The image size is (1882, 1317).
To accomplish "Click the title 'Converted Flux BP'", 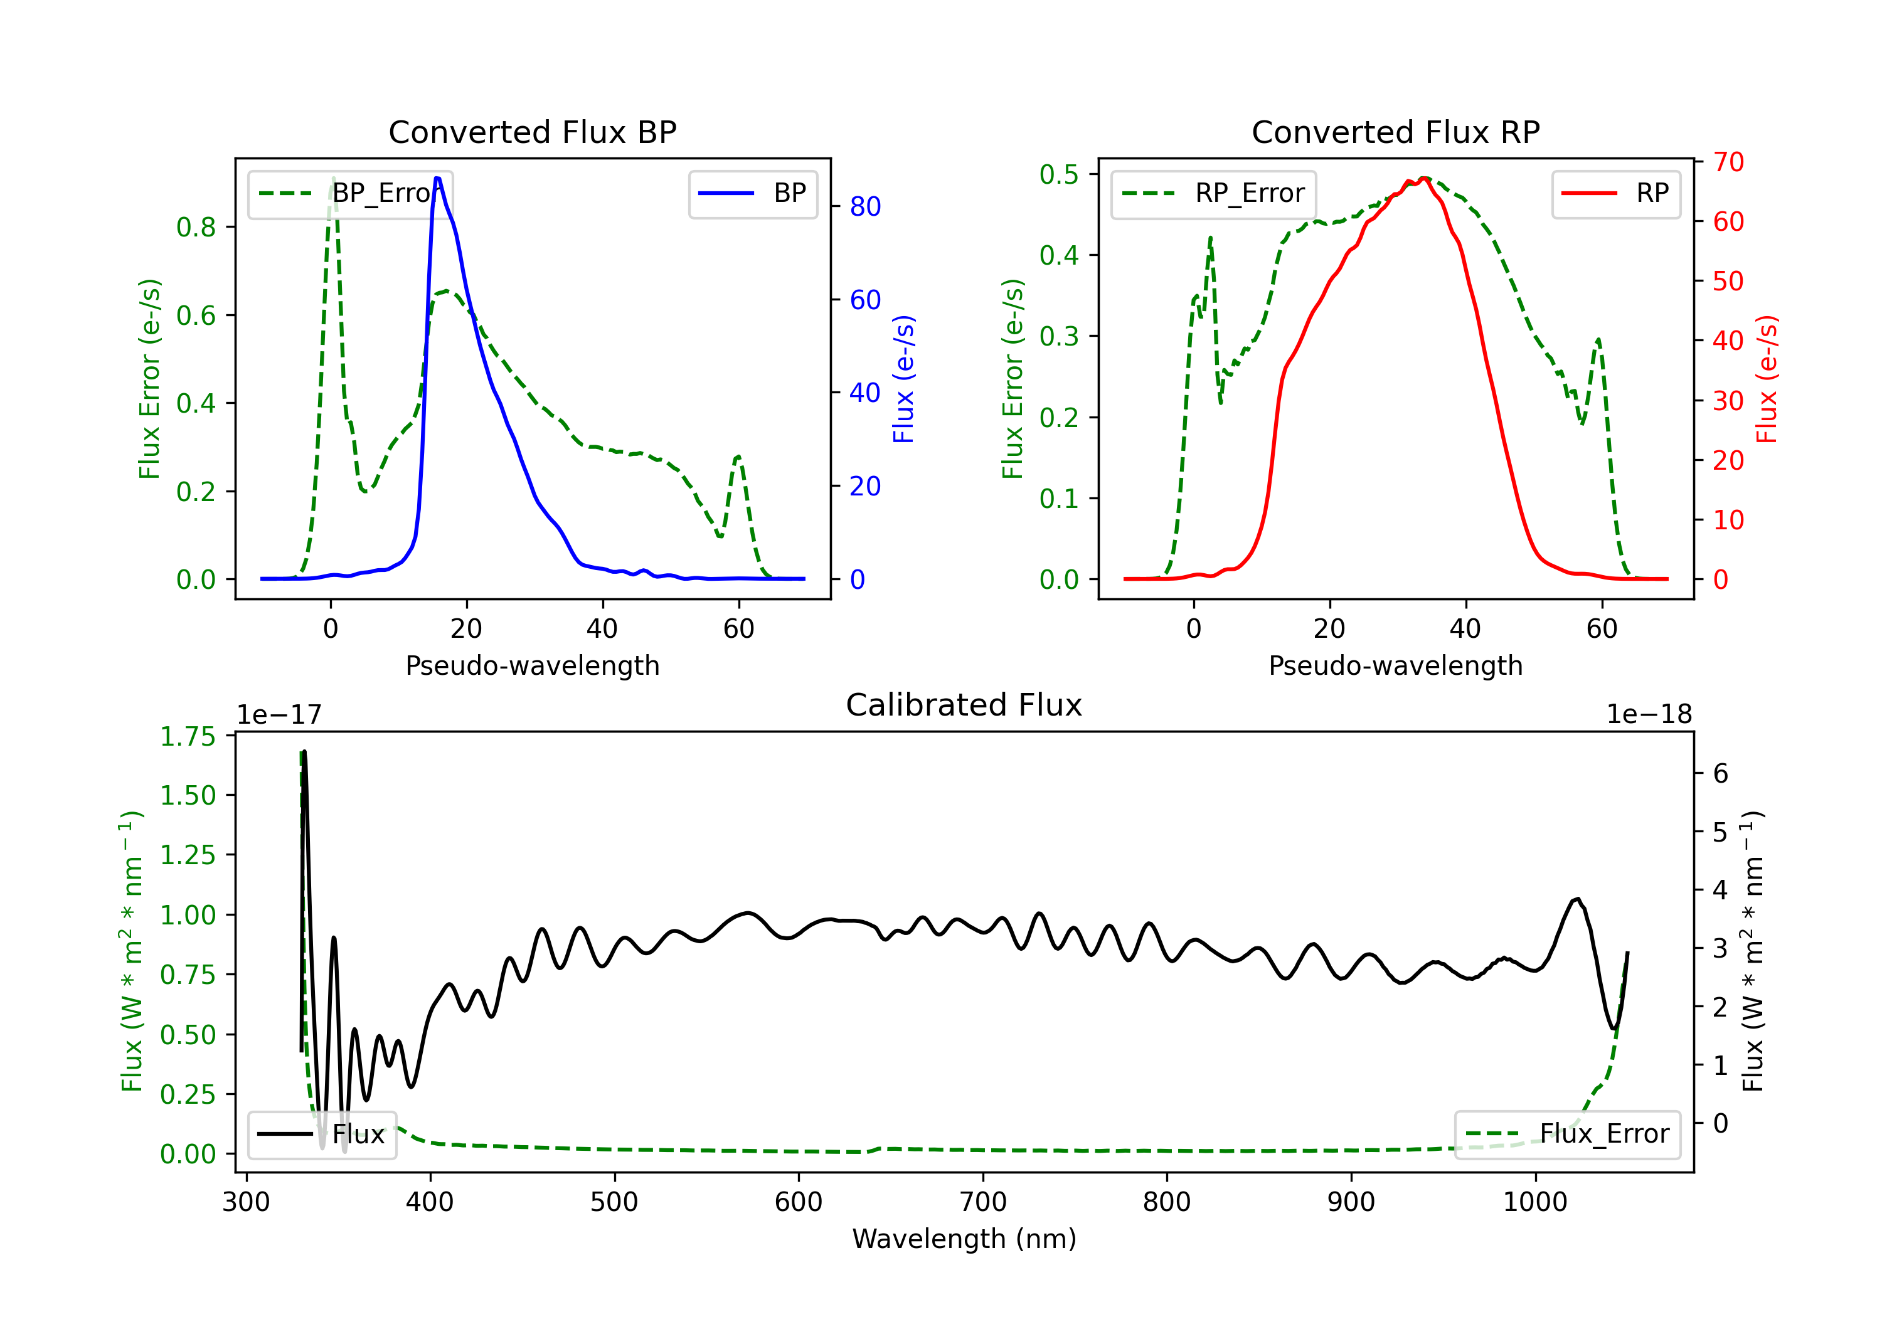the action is click(x=532, y=132).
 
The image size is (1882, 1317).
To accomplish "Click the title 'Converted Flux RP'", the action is click(x=1395, y=132).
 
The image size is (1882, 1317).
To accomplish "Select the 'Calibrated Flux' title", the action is click(x=964, y=705).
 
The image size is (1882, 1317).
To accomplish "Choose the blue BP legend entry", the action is click(x=752, y=193).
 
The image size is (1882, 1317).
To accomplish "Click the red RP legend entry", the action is click(x=1615, y=193).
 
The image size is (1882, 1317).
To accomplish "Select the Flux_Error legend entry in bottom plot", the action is click(x=1566, y=1135).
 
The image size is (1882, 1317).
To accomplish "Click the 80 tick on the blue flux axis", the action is click(x=864, y=206).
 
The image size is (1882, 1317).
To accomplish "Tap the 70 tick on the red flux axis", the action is click(x=1728, y=162).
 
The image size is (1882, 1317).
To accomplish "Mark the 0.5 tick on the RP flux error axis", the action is click(x=1058, y=174).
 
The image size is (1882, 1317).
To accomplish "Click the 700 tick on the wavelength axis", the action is click(x=982, y=1202).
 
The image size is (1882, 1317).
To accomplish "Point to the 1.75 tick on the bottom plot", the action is click(x=188, y=737).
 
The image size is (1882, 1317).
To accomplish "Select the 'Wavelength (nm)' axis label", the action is click(x=964, y=1239).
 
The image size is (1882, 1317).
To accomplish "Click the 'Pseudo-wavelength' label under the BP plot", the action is click(x=533, y=665).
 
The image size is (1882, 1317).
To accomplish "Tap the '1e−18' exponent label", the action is click(x=1649, y=715).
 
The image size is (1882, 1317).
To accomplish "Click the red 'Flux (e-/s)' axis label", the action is click(x=1767, y=379).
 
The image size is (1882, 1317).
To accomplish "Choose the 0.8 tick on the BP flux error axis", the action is click(x=196, y=227).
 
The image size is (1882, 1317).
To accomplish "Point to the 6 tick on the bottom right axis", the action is click(x=1721, y=774).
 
